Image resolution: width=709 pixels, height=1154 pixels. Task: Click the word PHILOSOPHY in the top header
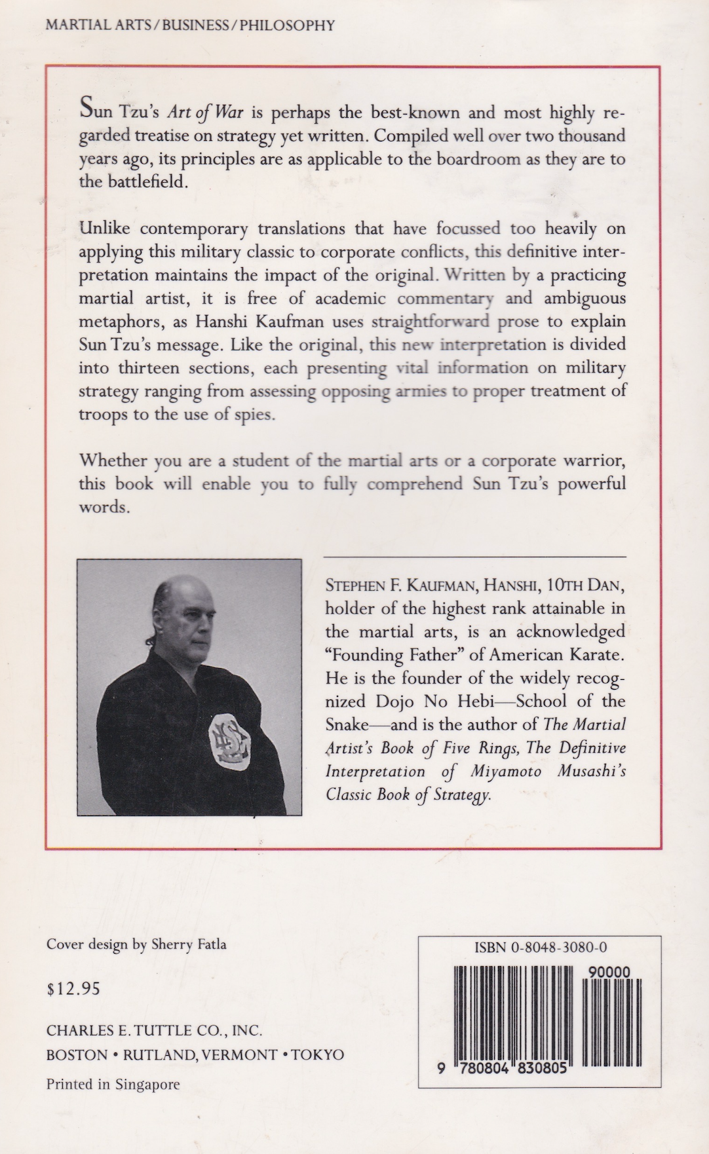287,26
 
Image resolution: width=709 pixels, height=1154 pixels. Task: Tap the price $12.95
73,988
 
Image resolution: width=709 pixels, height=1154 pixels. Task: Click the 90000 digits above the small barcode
609,973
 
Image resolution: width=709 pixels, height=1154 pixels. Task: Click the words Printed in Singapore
113,1084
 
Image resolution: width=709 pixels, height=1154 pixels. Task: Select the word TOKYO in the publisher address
317,1054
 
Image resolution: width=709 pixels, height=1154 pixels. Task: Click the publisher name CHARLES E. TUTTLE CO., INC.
154,1031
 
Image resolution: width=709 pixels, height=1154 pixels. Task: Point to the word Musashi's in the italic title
593,771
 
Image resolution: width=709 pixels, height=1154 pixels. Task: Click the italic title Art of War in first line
204,113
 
